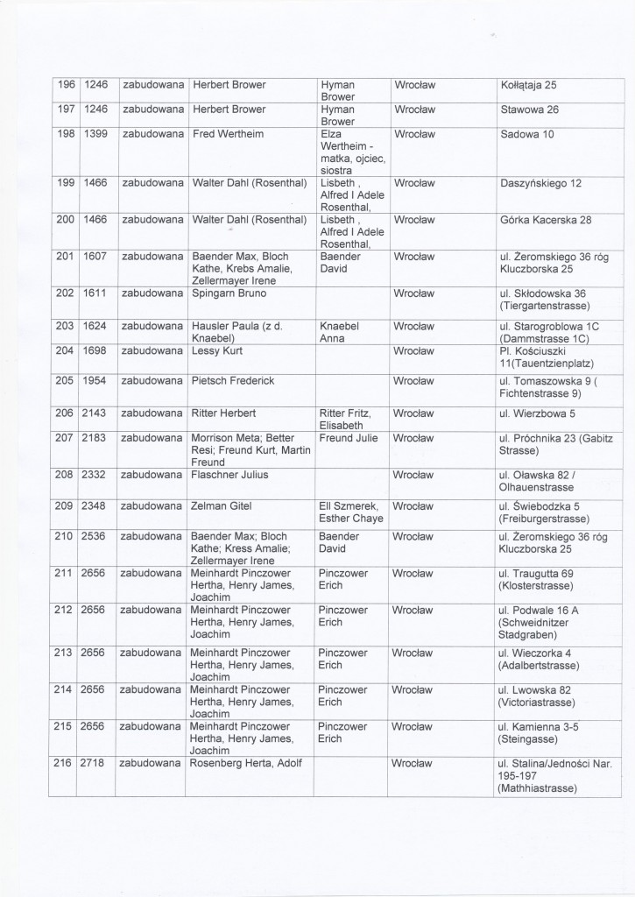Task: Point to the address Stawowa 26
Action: click(x=529, y=109)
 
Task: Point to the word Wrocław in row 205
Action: click(x=415, y=381)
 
